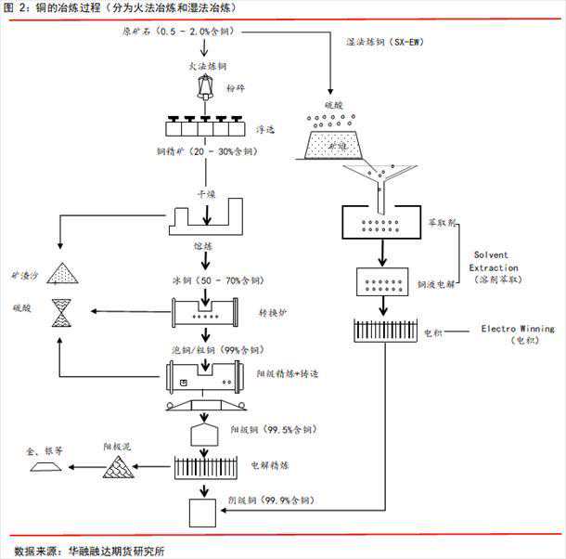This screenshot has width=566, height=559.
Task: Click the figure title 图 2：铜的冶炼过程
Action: [x=65, y=7]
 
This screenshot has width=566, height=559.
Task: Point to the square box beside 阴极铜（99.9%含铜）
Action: [x=203, y=513]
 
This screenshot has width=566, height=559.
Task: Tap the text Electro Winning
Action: [x=517, y=329]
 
